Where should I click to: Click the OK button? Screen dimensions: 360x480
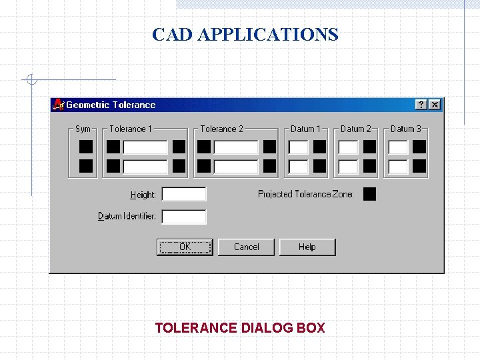coord(185,247)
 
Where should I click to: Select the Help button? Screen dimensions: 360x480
coord(307,247)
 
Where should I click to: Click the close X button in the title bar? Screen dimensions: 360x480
coord(435,105)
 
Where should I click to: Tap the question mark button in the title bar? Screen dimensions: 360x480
coord(421,105)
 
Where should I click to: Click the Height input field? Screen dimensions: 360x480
coord(184,195)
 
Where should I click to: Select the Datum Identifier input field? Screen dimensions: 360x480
coord(184,217)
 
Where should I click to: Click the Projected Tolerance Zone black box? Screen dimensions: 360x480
coord(369,194)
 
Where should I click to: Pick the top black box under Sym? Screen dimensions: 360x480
coord(86,147)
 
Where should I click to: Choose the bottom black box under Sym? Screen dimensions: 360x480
coord(86,166)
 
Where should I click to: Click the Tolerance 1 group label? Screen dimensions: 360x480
coord(131,129)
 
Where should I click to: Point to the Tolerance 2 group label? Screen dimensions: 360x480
coord(221,129)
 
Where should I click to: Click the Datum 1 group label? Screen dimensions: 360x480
coord(305,129)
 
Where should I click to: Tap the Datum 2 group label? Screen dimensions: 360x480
coord(355,129)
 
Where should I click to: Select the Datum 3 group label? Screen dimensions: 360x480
coord(405,129)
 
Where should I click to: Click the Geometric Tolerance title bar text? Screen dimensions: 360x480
coord(111,105)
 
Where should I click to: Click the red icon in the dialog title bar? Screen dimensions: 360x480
coord(59,105)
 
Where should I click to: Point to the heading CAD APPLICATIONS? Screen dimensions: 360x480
coord(245,35)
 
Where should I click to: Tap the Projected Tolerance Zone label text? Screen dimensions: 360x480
coord(305,195)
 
